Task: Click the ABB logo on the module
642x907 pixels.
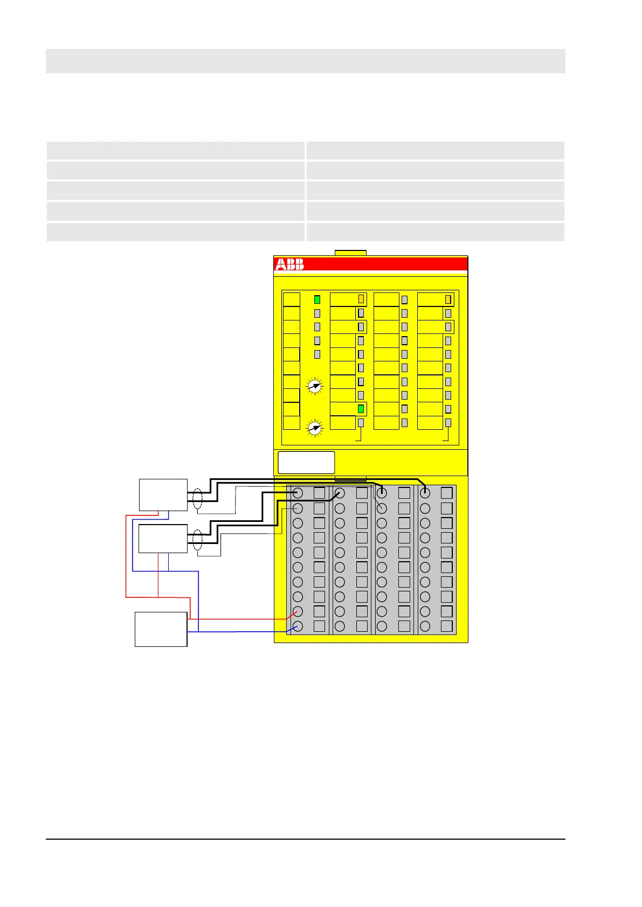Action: [x=289, y=264]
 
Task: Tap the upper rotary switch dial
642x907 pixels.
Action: [x=314, y=386]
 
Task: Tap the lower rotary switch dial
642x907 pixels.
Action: [x=314, y=428]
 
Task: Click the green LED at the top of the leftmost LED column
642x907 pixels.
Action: [x=317, y=299]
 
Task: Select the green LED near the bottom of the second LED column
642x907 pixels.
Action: [x=361, y=409]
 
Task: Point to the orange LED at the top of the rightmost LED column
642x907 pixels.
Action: [x=447, y=299]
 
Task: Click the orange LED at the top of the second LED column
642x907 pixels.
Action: [x=361, y=299]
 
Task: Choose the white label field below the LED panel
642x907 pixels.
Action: [x=306, y=463]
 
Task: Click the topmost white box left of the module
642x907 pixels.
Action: [x=163, y=494]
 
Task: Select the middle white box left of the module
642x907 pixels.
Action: [x=163, y=539]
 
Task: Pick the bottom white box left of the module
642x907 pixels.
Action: [x=161, y=629]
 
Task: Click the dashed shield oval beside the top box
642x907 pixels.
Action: [x=197, y=499]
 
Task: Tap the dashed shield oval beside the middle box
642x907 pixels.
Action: [x=197, y=540]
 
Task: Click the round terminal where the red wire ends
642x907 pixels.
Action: [x=297, y=611]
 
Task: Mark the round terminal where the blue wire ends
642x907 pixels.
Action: [x=297, y=626]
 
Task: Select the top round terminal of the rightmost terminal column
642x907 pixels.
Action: [x=425, y=492]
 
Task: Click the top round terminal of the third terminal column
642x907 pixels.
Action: [x=382, y=492]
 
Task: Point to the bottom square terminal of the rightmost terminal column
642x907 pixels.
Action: [x=446, y=626]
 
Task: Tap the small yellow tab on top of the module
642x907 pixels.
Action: [x=350, y=253]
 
